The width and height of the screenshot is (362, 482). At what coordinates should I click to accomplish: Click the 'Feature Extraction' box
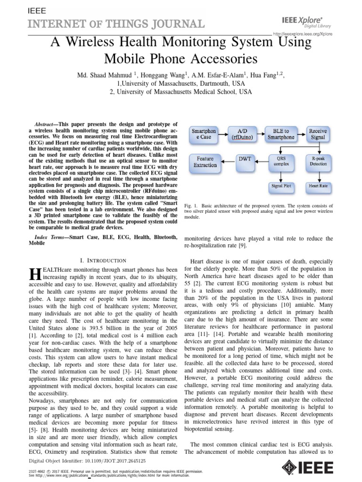click(x=206, y=161)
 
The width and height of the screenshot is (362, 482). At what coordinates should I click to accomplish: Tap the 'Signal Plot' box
click(x=281, y=186)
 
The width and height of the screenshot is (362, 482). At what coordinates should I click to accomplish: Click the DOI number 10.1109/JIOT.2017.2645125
click(x=109, y=461)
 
